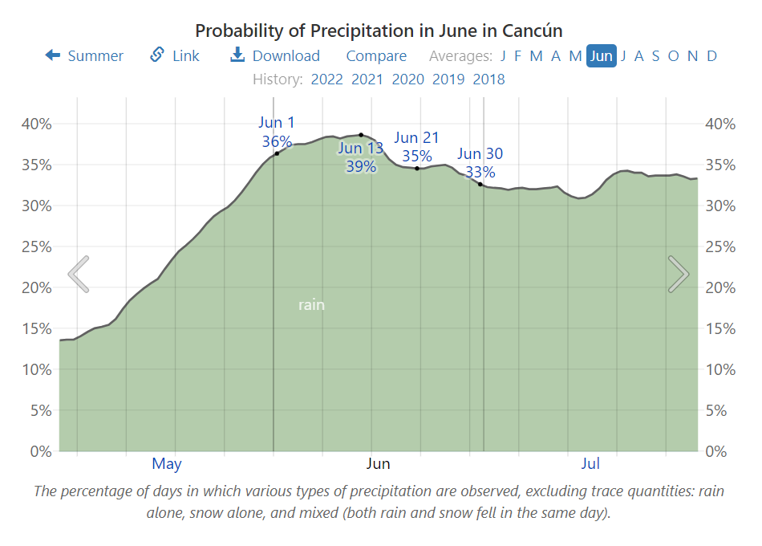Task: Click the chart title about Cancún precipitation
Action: [x=379, y=31]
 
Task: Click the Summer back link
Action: [x=84, y=55]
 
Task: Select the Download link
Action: [x=275, y=55]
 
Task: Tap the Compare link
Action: [x=376, y=55]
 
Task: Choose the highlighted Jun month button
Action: [x=602, y=55]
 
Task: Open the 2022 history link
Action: [x=326, y=79]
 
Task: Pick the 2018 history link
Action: [x=488, y=79]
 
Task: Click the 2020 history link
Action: [x=407, y=79]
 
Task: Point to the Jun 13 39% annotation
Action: [x=360, y=157]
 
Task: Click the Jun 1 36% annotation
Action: [x=277, y=132]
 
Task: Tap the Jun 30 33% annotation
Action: [x=480, y=163]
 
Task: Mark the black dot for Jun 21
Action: [x=417, y=168]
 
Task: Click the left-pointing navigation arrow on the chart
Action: [x=79, y=274]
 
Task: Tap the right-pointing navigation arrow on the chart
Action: [x=678, y=274]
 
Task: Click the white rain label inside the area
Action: [x=311, y=305]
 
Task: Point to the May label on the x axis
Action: [x=167, y=463]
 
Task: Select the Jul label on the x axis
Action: [x=590, y=463]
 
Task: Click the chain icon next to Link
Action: [x=157, y=55]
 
